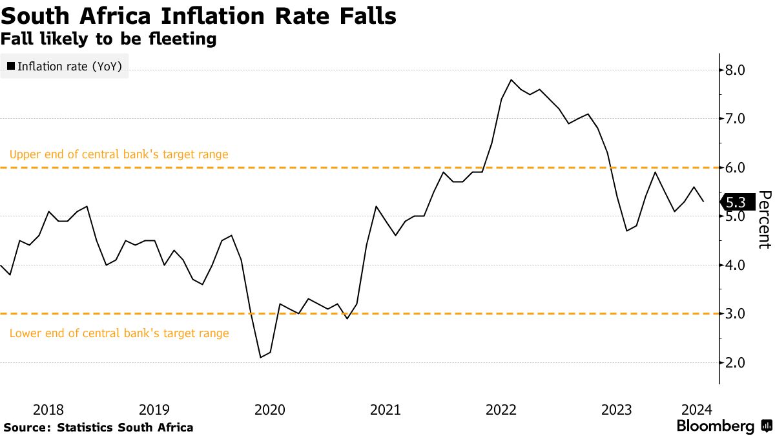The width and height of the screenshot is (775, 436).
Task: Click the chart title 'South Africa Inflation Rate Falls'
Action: coord(198,16)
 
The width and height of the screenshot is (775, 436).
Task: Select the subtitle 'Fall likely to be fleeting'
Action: coord(108,39)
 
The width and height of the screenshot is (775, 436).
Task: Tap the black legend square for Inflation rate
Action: coord(10,65)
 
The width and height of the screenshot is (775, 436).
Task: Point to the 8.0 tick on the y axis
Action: coord(736,70)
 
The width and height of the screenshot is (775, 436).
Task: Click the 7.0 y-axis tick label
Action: coord(736,119)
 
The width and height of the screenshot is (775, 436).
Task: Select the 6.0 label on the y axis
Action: coord(736,167)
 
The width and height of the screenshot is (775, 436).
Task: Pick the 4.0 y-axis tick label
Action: coord(736,265)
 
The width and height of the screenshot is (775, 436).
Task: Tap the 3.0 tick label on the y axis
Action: coord(736,314)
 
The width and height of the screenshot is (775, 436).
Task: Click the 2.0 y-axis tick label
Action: coord(736,362)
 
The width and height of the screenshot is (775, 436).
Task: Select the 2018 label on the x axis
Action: coord(48,410)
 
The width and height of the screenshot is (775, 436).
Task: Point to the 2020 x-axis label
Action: coord(270,410)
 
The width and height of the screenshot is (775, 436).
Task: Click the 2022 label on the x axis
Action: coord(501,410)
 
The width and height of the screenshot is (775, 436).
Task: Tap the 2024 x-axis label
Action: coord(697,410)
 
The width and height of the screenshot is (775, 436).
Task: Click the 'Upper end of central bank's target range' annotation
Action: coord(119,155)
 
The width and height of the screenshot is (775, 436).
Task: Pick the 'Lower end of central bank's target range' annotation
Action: coord(119,333)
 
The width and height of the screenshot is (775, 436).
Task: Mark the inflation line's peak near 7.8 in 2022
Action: coord(512,79)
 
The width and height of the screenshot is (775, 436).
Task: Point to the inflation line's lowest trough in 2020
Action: coord(260,357)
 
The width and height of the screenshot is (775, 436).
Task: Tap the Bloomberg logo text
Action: coord(716,426)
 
